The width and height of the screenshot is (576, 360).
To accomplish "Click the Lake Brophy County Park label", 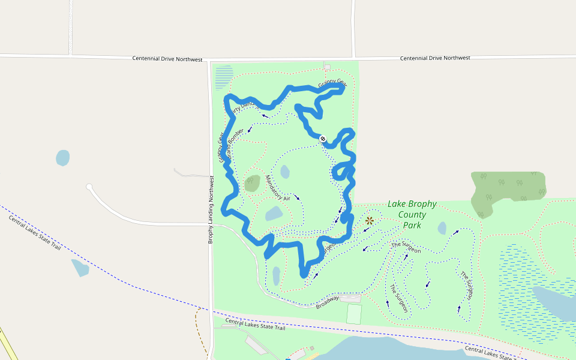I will [x=412, y=214].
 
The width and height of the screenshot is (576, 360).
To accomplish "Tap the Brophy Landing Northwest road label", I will [x=211, y=209].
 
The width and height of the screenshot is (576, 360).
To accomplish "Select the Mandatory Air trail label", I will [x=278, y=188].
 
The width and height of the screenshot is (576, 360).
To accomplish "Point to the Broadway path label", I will [x=328, y=301].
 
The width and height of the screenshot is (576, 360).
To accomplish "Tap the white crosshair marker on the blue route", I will [x=323, y=139].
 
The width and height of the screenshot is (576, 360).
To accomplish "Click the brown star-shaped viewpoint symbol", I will [x=369, y=220].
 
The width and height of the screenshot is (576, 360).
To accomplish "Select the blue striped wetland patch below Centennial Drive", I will [x=224, y=76].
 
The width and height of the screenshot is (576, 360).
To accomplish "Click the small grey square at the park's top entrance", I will [x=327, y=67].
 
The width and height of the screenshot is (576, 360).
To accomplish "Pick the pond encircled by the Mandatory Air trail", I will [x=284, y=172].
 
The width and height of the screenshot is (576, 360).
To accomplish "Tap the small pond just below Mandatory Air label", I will [x=274, y=214].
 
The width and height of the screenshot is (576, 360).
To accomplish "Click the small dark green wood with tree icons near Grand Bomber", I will [x=252, y=183].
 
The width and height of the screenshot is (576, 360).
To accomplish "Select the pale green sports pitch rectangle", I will [x=355, y=314].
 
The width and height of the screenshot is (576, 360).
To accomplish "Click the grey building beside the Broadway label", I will [x=351, y=298].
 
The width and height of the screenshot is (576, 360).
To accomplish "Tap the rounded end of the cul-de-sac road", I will [x=89, y=187].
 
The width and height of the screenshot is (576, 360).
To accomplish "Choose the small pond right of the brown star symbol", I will [x=442, y=228].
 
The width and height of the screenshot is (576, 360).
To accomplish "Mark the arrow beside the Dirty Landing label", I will [x=265, y=116].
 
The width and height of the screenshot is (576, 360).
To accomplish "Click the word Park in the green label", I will [x=412, y=226].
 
